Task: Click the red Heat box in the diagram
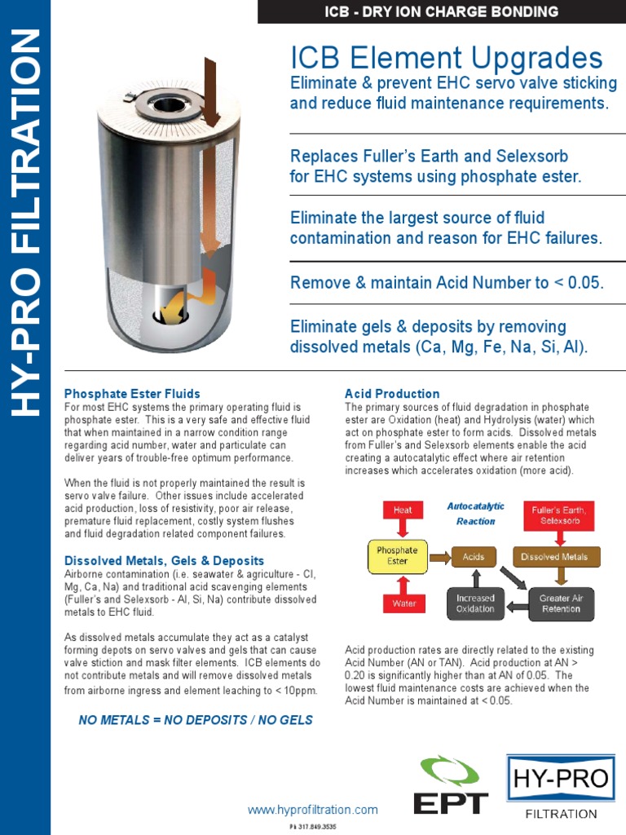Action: pos(403,510)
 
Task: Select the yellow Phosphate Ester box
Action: pos(397,556)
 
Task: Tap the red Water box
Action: pos(403,603)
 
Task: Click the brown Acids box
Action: pos(474,557)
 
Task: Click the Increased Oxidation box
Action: pos(474,603)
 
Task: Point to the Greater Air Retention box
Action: pos(561,603)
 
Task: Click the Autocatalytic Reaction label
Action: pos(475,514)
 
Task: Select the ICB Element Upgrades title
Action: pos(447,58)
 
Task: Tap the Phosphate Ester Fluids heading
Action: pos(132,394)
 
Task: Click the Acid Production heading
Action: pos(392,394)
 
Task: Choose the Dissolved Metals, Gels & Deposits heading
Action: pos(164,561)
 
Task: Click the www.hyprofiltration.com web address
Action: pos(313,810)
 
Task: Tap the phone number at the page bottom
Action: pos(313,826)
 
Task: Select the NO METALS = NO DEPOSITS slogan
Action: pos(195,720)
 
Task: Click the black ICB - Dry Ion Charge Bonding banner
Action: pos(442,11)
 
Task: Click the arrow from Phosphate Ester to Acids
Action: pos(439,557)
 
